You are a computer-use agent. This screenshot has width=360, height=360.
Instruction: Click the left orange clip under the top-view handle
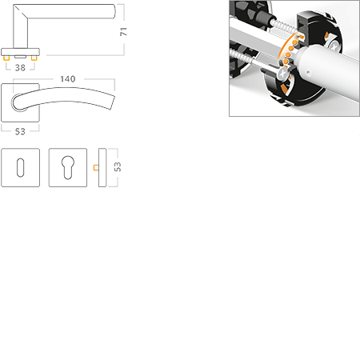point(8,59)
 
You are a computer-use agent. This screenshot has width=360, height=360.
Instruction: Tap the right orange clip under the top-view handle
point(35,59)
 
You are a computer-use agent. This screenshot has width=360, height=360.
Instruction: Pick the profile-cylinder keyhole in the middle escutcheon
point(67,168)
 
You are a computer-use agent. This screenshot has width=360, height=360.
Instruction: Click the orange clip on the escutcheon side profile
point(94,168)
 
